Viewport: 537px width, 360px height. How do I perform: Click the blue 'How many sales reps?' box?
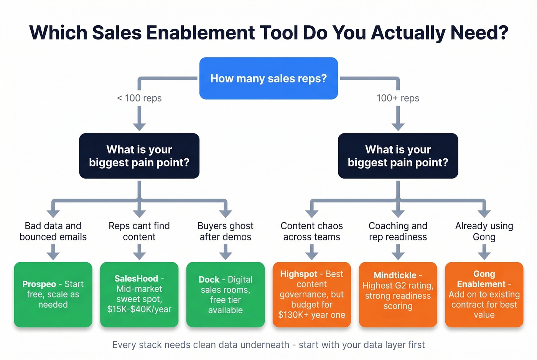pos(268,79)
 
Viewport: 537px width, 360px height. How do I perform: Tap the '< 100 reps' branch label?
pos(139,98)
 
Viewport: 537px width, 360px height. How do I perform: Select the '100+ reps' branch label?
pos(398,98)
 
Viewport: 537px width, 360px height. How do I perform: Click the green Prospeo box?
pos(53,294)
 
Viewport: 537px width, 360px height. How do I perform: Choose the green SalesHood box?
pos(139,294)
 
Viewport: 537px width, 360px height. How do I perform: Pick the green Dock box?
pos(226,294)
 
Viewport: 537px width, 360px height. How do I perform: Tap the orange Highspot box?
pos(311,294)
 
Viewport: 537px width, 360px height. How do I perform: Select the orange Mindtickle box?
pos(398,294)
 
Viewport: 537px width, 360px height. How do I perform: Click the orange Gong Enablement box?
pos(484,294)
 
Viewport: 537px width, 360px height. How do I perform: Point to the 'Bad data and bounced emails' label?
pos(53,231)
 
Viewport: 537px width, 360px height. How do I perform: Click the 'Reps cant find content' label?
pos(139,231)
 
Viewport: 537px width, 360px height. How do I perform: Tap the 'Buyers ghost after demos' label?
pos(226,231)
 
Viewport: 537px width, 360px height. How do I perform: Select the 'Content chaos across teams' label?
pos(311,231)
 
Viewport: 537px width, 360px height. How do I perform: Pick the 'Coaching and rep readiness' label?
pos(398,231)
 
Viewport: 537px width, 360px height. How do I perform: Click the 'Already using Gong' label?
pos(484,231)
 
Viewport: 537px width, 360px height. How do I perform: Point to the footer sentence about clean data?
pos(268,345)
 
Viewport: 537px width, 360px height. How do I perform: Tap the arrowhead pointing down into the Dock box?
pos(226,256)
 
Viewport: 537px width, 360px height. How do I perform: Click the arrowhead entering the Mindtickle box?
pos(398,256)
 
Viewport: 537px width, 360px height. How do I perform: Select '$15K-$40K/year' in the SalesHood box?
pos(139,309)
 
